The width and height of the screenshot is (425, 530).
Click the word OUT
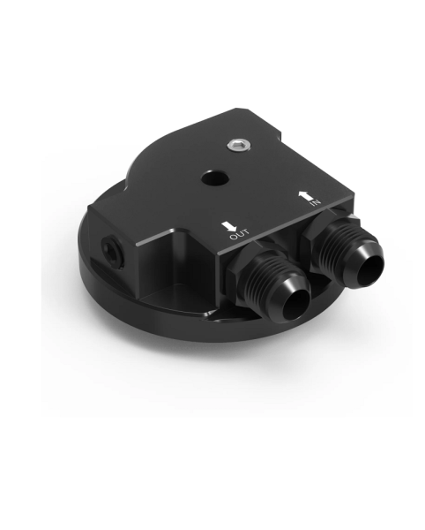pos(236,236)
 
